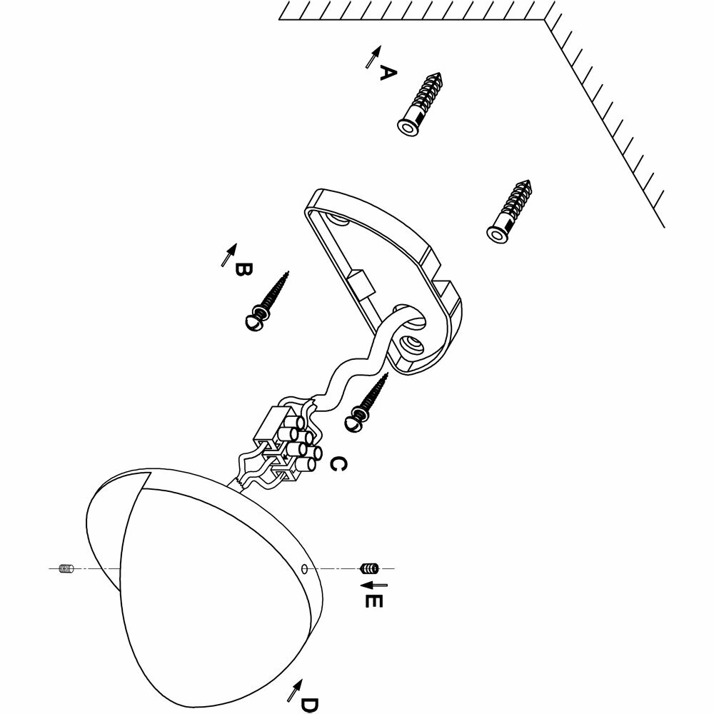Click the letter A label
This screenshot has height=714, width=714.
tap(387, 73)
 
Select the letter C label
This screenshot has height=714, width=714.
tap(338, 465)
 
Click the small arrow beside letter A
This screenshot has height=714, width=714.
tap(371, 56)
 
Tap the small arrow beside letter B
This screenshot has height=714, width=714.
tap(229, 253)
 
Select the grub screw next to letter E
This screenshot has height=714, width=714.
tap(368, 568)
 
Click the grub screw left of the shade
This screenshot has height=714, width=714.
tap(66, 569)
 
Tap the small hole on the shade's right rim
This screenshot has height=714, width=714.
tap(305, 569)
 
